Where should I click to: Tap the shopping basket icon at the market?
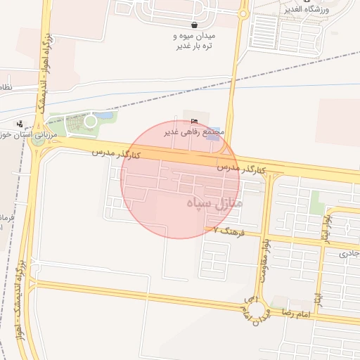[x=194, y=25]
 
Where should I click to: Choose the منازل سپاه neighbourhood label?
[x=215, y=203]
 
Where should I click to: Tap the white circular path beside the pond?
[x=90, y=122]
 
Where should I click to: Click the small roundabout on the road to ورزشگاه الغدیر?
[x=243, y=13]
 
